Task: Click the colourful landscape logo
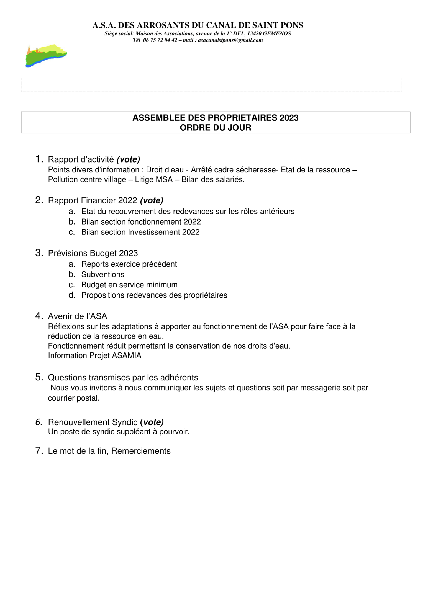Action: click(46, 55)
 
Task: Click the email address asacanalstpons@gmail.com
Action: click(230, 40)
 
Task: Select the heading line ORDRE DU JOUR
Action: click(215, 128)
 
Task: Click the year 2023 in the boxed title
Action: click(289, 118)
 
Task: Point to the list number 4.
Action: click(39, 316)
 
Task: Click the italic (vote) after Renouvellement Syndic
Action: click(152, 422)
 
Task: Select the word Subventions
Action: click(103, 274)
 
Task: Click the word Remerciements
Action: click(141, 451)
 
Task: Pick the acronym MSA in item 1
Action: click(164, 179)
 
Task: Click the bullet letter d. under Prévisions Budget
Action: click(72, 295)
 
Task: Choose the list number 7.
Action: click(39, 450)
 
